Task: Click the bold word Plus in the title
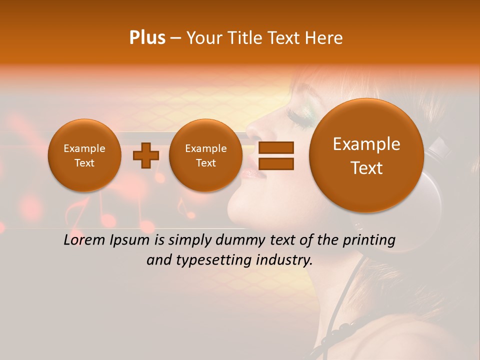[x=147, y=38]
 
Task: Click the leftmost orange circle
[x=84, y=155]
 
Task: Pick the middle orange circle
[x=205, y=155]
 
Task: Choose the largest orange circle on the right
[x=366, y=155]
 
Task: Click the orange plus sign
[x=145, y=155]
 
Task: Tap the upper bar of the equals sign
[x=275, y=147]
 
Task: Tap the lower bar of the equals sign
[x=275, y=163]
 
